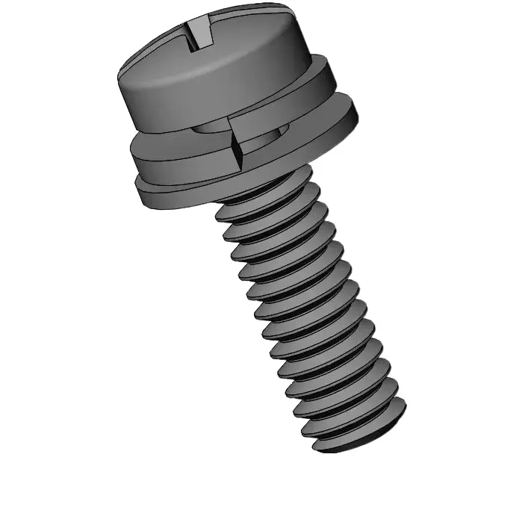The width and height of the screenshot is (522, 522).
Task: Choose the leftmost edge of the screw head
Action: pos(119,75)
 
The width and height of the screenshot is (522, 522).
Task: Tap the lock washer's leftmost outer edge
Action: pos(131,149)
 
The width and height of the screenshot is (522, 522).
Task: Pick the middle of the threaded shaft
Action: pos(306,314)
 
